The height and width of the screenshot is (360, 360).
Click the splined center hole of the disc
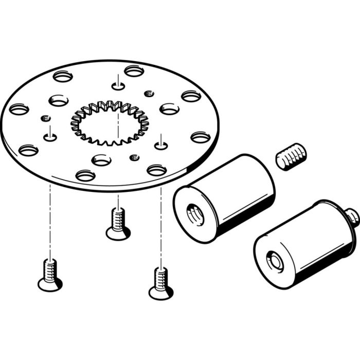click(x=109, y=123)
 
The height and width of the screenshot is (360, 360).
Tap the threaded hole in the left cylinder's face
click(x=195, y=212)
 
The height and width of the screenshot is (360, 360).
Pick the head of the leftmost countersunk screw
click(x=49, y=282)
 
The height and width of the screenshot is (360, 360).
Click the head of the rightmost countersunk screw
click(x=161, y=293)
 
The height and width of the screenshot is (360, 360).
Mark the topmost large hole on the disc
click(x=134, y=71)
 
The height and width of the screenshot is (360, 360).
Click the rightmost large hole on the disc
click(x=201, y=137)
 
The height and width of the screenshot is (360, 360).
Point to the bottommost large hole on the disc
click(x=85, y=176)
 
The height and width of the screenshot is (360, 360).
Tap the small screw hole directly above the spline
click(x=118, y=85)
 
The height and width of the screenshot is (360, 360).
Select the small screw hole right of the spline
click(x=161, y=138)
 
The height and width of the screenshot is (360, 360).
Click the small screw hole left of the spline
click(x=50, y=137)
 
